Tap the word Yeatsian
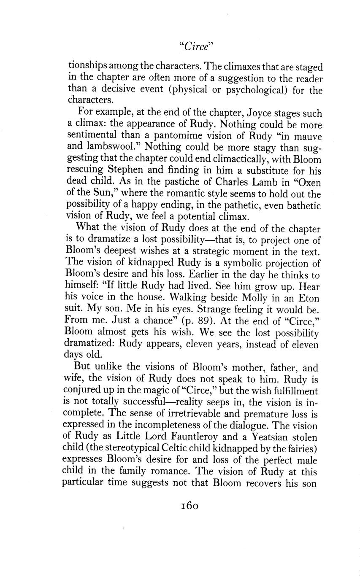tap(275, 437)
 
